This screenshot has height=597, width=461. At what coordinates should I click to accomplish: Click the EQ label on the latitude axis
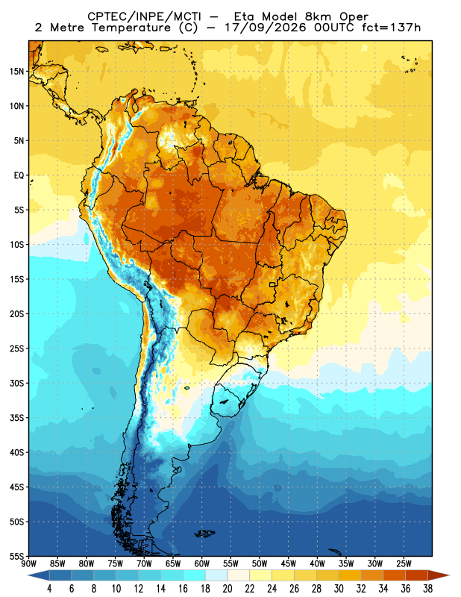(19, 175)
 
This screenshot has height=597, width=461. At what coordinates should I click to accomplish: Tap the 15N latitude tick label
(16, 72)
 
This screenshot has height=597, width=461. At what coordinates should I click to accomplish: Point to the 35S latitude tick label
(16, 418)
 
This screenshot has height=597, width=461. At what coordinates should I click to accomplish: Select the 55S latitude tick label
(16, 557)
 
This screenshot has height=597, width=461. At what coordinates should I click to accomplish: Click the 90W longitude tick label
(29, 563)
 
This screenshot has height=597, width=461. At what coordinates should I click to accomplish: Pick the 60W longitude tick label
(202, 563)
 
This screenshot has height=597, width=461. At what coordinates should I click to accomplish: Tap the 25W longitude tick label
(404, 563)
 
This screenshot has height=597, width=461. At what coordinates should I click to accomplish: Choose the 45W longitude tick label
(289, 563)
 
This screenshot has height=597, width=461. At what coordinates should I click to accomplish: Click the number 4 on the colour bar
(49, 589)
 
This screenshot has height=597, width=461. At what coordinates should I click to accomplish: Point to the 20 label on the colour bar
(228, 589)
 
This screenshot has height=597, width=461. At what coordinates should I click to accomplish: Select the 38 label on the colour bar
(427, 589)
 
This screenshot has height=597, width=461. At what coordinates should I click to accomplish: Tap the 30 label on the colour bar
(339, 589)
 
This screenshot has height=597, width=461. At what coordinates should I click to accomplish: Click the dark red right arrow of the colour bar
(439, 575)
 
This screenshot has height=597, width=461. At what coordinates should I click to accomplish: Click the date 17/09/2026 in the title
(266, 28)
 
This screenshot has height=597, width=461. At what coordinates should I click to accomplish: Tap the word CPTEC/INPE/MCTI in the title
(145, 16)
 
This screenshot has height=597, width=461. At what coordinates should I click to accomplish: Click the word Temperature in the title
(131, 28)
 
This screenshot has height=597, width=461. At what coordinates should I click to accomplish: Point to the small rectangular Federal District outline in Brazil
(272, 284)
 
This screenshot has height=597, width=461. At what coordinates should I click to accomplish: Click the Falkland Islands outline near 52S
(204, 534)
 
